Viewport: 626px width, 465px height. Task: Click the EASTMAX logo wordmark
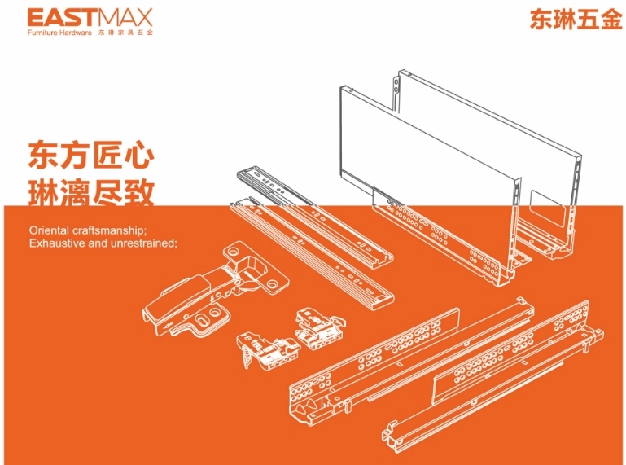click(x=90, y=18)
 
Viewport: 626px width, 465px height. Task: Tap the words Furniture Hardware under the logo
click(x=59, y=33)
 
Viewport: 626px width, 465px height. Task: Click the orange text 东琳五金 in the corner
click(x=576, y=20)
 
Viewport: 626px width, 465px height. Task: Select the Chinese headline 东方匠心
click(x=91, y=155)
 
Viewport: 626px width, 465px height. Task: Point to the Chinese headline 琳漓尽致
click(x=91, y=193)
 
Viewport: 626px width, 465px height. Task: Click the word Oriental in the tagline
click(x=49, y=230)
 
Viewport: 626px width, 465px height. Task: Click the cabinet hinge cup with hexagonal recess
click(x=251, y=270)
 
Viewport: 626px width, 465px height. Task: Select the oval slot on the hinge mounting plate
click(x=202, y=320)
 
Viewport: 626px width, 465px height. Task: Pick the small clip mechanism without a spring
click(x=320, y=328)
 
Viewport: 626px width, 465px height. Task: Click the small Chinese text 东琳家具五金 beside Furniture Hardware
click(x=125, y=33)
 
